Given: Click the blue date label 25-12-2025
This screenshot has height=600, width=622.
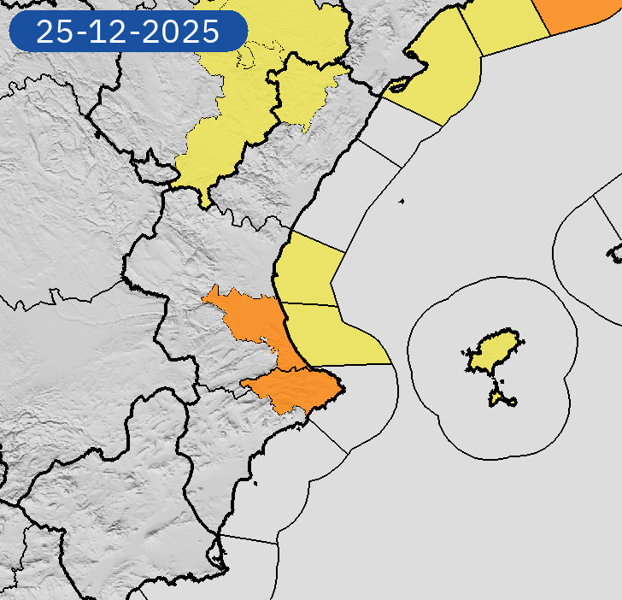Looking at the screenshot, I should [x=127, y=32].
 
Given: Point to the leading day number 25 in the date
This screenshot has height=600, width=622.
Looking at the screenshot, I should [x=56, y=32].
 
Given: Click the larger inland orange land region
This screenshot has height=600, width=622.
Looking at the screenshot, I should [x=252, y=317].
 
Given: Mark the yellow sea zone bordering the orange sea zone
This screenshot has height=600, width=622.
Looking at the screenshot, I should [x=508, y=26].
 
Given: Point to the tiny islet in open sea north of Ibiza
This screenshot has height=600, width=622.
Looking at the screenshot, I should [x=401, y=202].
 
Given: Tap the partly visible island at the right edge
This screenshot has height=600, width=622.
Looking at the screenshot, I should [x=615, y=252].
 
